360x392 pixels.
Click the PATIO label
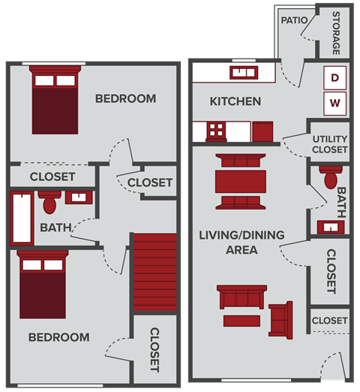pos(294,20)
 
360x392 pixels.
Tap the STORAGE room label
pos(336,33)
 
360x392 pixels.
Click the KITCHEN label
pos(235,101)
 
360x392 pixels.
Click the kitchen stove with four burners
pos(216,131)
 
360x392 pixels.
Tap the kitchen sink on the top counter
pos(241,73)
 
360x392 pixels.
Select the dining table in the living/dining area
pos(240,182)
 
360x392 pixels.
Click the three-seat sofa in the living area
pos(241,297)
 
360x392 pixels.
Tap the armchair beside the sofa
pos(281,318)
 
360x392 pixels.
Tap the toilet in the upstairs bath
pos(50,201)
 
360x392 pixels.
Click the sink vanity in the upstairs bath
pos(77,198)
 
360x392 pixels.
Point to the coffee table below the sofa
pos(241,321)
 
